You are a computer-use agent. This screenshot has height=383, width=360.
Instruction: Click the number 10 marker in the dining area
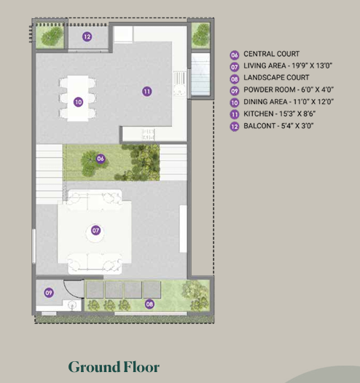78,103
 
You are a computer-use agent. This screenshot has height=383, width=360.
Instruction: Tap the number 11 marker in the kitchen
146,91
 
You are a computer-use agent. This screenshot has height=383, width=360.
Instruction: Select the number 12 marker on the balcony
87,36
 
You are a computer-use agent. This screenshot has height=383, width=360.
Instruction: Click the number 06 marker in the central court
101,158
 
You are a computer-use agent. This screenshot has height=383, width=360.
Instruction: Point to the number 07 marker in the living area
95,231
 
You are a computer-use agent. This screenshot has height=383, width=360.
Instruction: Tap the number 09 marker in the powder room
49,293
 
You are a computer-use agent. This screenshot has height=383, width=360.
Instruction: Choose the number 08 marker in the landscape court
150,303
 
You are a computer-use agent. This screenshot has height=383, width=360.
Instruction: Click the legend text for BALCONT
280,126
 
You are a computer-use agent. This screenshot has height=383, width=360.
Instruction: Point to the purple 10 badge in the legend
235,103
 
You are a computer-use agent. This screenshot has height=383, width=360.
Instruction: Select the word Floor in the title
139,366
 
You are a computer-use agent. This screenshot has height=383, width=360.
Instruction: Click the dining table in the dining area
78,97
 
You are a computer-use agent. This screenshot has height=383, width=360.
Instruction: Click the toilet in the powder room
72,306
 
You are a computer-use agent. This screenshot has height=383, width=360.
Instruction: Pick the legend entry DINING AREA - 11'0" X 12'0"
285,103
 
